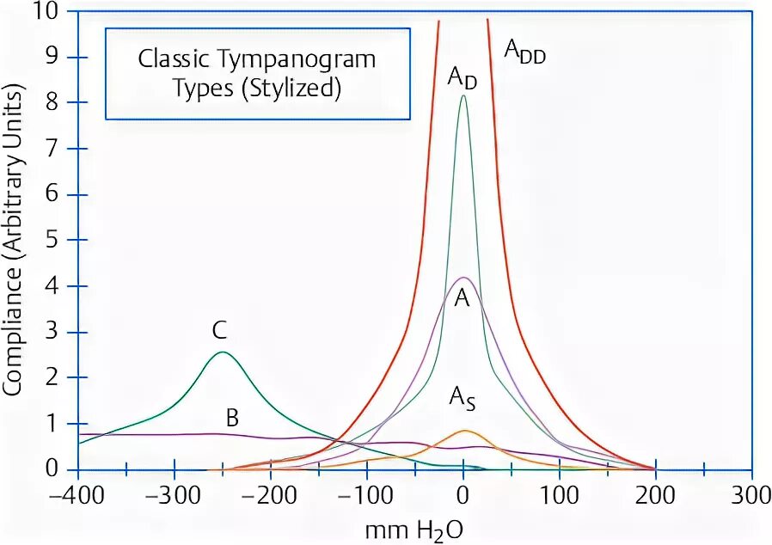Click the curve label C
click(x=220, y=329)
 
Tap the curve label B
click(x=231, y=419)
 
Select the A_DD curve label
click(x=524, y=53)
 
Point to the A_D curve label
click(x=463, y=77)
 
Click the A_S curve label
click(x=463, y=398)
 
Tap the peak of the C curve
click(x=222, y=352)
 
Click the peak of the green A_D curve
click(x=463, y=96)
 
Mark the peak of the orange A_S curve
click(x=464, y=431)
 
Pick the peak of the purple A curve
click(x=463, y=278)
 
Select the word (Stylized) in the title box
click(x=292, y=89)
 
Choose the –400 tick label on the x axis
click(x=77, y=497)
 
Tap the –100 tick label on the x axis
click(x=366, y=497)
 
